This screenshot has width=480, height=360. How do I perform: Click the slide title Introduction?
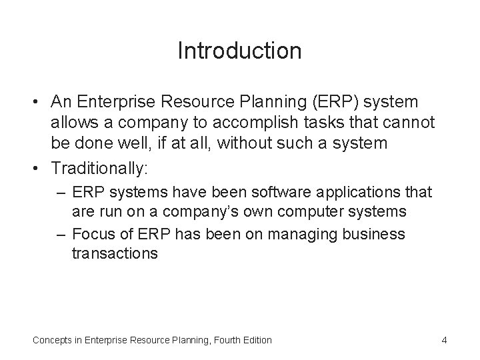tap(239, 51)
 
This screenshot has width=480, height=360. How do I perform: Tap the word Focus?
tap(92, 235)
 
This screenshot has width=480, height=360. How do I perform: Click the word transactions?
tap(115, 253)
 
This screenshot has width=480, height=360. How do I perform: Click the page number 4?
tap(444, 340)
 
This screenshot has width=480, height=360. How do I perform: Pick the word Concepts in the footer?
tap(53, 340)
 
